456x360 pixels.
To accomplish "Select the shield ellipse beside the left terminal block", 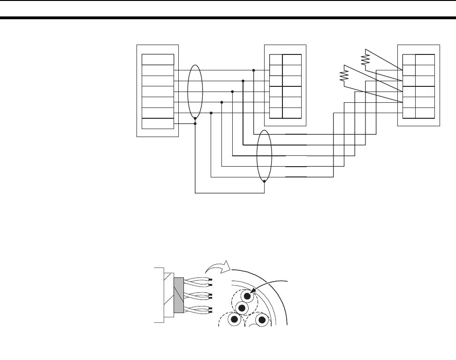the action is pyautogui.click(x=195, y=92).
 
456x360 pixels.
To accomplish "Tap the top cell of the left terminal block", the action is pyautogui.click(x=158, y=59).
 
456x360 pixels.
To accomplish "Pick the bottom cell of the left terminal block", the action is pyautogui.click(x=158, y=123).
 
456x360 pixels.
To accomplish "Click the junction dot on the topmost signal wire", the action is pyautogui.click(x=254, y=70).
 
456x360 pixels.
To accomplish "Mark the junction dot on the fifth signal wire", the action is pyautogui.click(x=212, y=113).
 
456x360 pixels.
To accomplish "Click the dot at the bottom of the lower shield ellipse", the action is pyautogui.click(x=265, y=181).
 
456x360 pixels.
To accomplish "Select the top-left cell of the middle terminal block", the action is pyautogui.click(x=276, y=60).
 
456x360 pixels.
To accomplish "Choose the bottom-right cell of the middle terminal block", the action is pyautogui.click(x=292, y=113).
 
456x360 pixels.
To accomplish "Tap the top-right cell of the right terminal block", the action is pyautogui.click(x=425, y=60).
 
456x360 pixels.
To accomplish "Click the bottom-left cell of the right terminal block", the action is pyautogui.click(x=409, y=113).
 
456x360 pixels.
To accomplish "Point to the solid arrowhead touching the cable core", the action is pyautogui.click(x=254, y=291).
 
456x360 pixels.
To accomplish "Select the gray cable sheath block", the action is pyautogui.click(x=178, y=296).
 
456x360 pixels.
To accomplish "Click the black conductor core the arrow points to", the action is pyautogui.click(x=248, y=297).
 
